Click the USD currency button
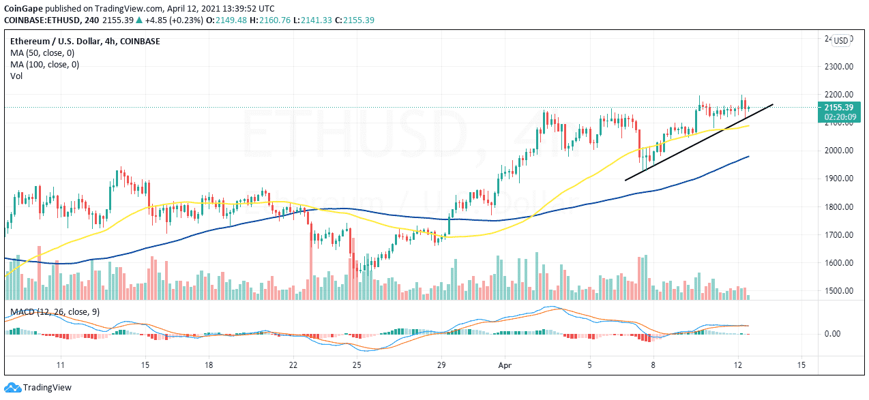[x=841, y=40]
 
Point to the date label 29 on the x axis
[x=441, y=365]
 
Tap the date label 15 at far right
[x=801, y=365]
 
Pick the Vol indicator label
[x=16, y=76]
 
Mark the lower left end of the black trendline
[x=625, y=180]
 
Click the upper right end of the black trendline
[x=773, y=104]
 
